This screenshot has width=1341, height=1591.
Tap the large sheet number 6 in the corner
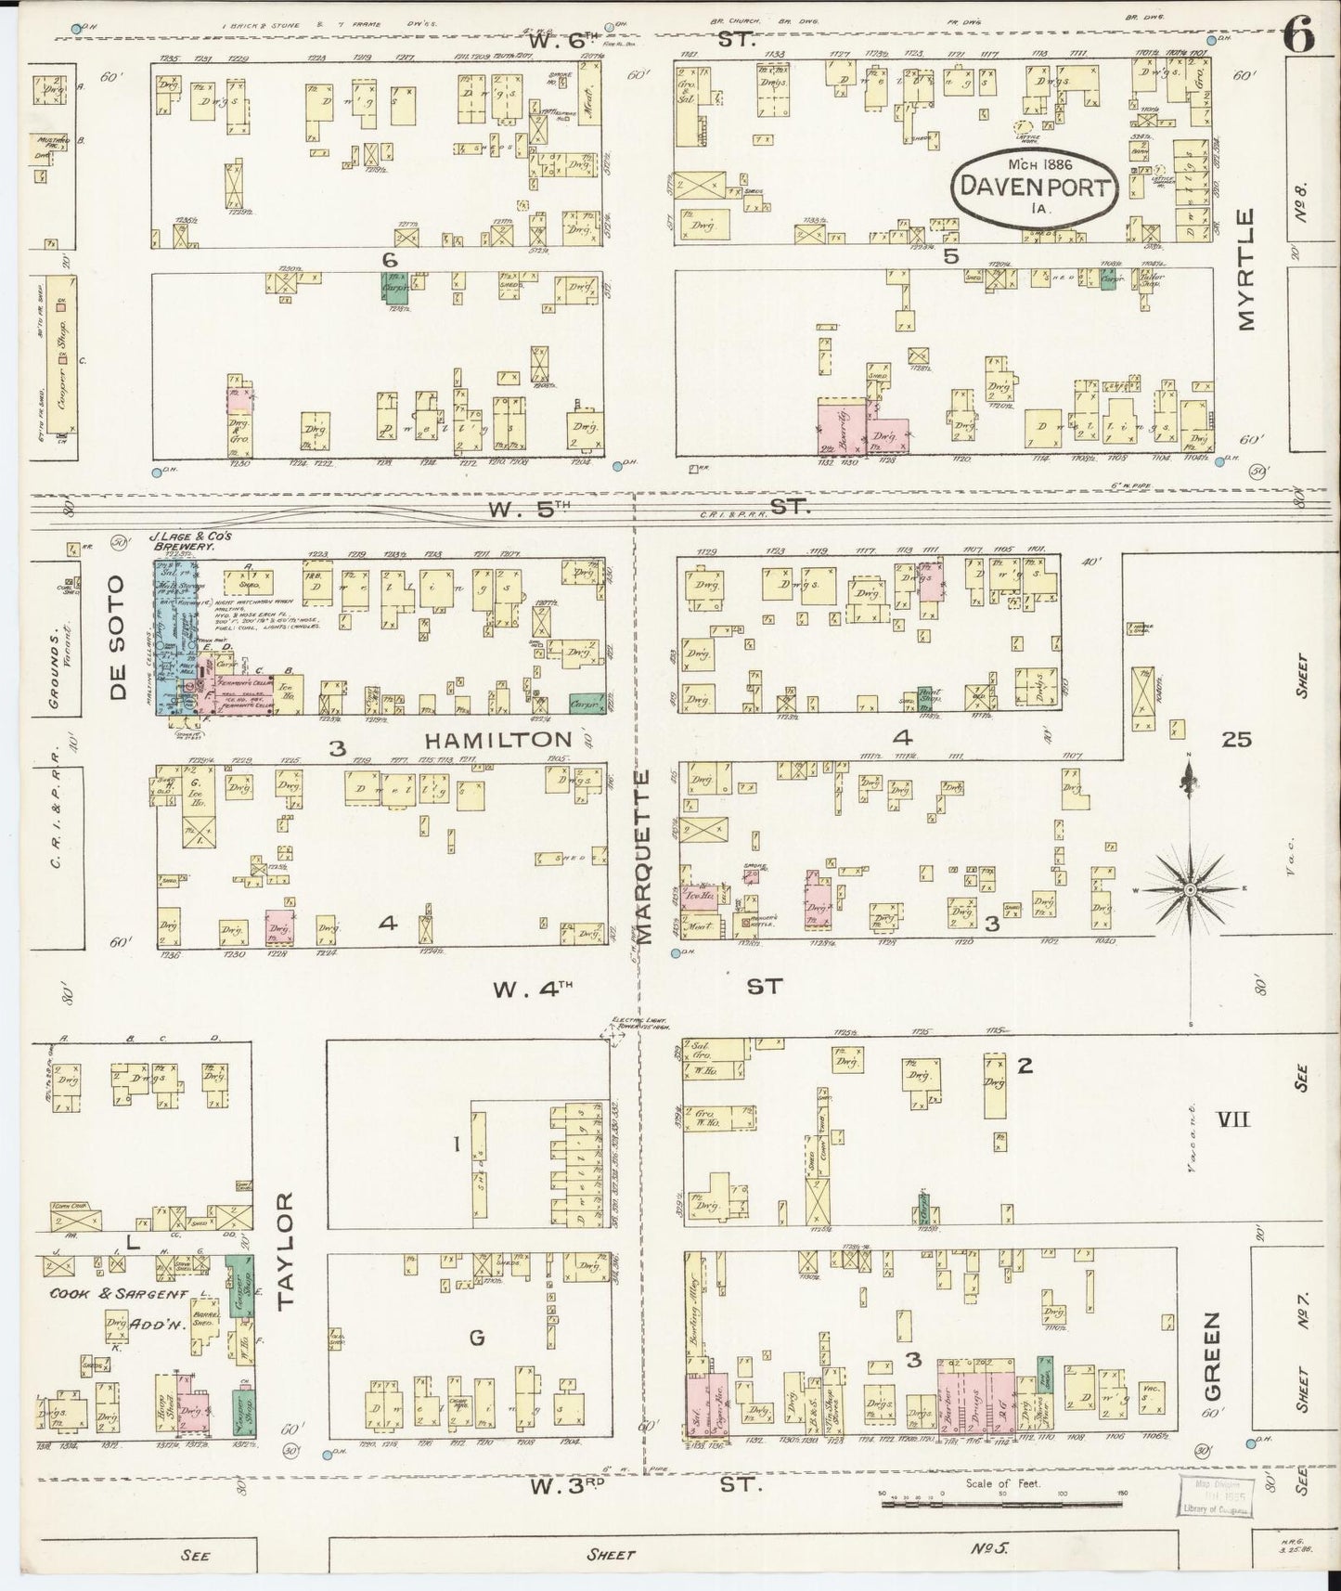[1299, 36]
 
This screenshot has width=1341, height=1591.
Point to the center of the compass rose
[1189, 889]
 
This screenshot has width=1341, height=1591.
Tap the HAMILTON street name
[499, 740]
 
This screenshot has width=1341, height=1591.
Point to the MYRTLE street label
[1245, 269]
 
